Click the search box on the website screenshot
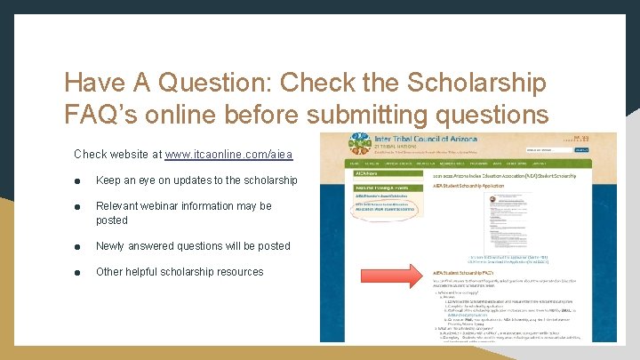tap(570, 150)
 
